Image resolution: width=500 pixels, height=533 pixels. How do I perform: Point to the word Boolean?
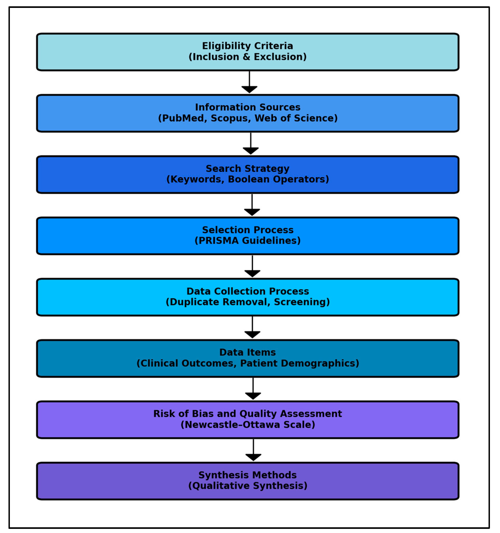248,179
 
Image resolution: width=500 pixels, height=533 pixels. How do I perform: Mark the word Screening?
301,302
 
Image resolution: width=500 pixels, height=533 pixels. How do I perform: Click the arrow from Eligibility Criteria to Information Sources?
249,83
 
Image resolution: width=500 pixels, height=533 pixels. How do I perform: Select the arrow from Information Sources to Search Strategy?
251,144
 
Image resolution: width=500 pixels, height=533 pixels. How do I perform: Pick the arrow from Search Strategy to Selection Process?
252,206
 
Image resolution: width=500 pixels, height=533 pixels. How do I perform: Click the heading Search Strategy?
247,169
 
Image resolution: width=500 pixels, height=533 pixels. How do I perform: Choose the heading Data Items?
247,353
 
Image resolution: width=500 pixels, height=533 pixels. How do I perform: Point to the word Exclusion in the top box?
280,57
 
